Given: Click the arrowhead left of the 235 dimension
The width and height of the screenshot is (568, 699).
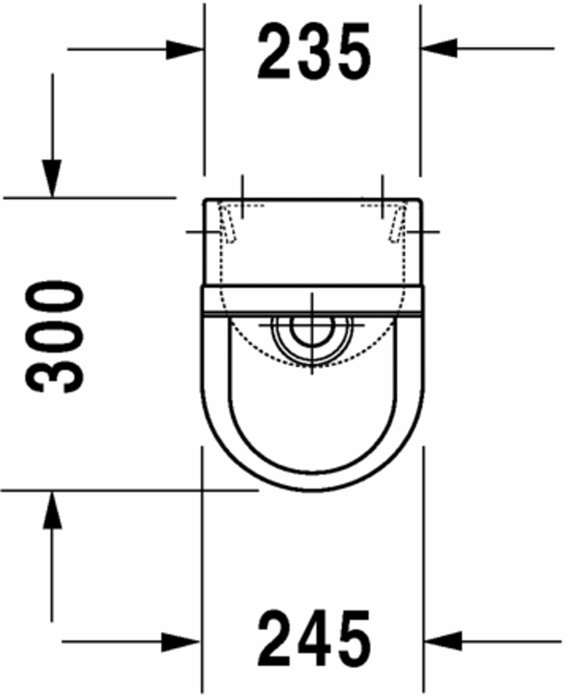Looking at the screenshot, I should [x=184, y=49].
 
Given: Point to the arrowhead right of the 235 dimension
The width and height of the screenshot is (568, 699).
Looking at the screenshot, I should [x=438, y=48].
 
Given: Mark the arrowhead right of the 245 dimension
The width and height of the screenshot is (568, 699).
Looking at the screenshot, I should [x=442, y=642].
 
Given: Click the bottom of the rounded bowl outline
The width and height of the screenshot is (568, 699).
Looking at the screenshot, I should [x=311, y=490].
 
